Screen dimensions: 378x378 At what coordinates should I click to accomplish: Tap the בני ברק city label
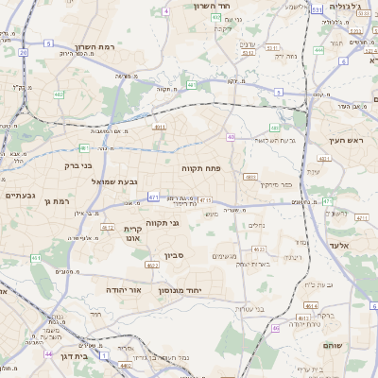pos(78,165)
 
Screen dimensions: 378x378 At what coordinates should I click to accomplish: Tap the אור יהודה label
pos(123,289)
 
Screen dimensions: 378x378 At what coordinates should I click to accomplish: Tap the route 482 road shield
pos(60,94)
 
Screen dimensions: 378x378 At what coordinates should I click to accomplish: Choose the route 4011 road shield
pos(160,126)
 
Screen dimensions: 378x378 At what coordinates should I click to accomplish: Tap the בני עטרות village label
pos(246,309)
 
